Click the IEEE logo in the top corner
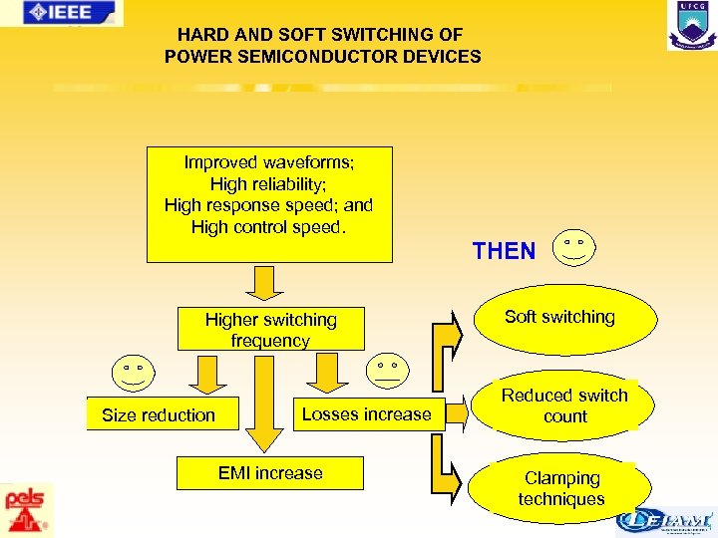[x=62, y=13]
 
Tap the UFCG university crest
[x=691, y=25]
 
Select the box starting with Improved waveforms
[x=269, y=204]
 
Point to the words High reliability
[x=269, y=184]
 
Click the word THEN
[x=504, y=251]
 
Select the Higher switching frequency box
[x=270, y=330]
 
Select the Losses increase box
[x=366, y=413]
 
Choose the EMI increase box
[x=270, y=473]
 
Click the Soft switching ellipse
[x=559, y=317]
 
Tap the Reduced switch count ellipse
[x=564, y=405]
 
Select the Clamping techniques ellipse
[x=560, y=488]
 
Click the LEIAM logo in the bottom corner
[x=664, y=521]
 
